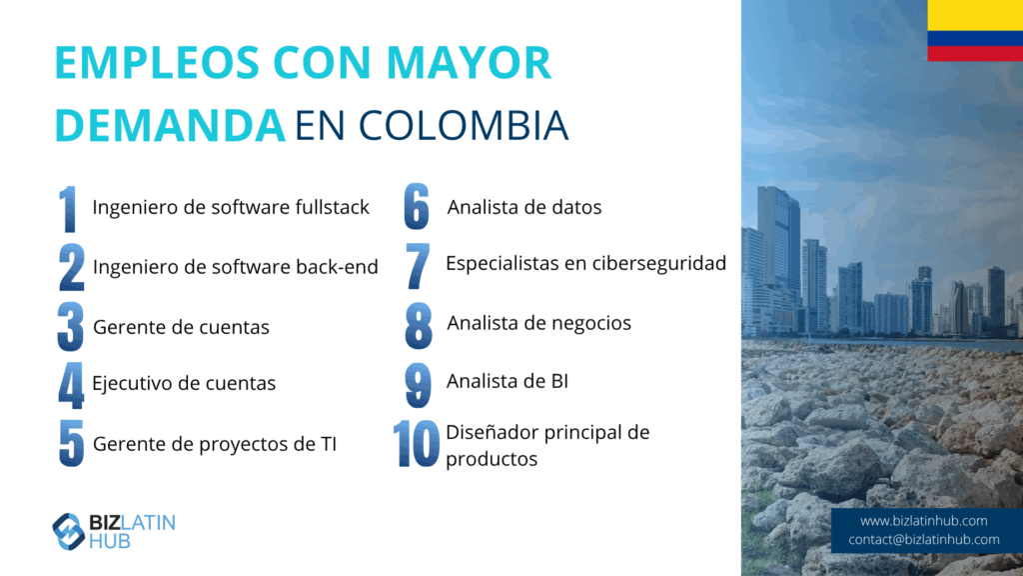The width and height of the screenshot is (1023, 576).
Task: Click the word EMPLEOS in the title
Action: tap(157, 63)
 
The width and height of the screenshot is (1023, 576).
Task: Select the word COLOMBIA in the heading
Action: tap(464, 125)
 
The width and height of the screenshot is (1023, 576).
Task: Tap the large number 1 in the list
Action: tap(68, 209)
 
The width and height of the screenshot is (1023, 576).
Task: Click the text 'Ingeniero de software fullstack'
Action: tap(231, 207)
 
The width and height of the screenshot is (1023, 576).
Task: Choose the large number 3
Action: tap(71, 327)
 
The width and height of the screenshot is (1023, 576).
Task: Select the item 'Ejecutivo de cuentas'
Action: tap(184, 383)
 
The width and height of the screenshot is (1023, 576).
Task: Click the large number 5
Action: tap(71, 443)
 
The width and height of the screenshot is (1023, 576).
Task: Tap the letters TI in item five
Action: tap(329, 444)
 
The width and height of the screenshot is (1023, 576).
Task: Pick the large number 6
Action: tap(417, 206)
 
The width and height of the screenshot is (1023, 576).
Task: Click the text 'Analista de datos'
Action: tap(524, 207)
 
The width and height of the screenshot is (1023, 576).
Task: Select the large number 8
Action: tap(419, 325)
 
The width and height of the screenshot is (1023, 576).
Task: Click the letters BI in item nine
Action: tap(559, 381)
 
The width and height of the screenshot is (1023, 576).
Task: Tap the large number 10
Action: tap(417, 443)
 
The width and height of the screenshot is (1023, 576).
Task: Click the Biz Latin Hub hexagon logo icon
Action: tap(69, 532)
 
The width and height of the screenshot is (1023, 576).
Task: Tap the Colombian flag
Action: tap(975, 31)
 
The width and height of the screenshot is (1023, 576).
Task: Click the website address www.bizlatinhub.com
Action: tap(924, 521)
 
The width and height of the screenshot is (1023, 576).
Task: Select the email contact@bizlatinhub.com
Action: tap(924, 540)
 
